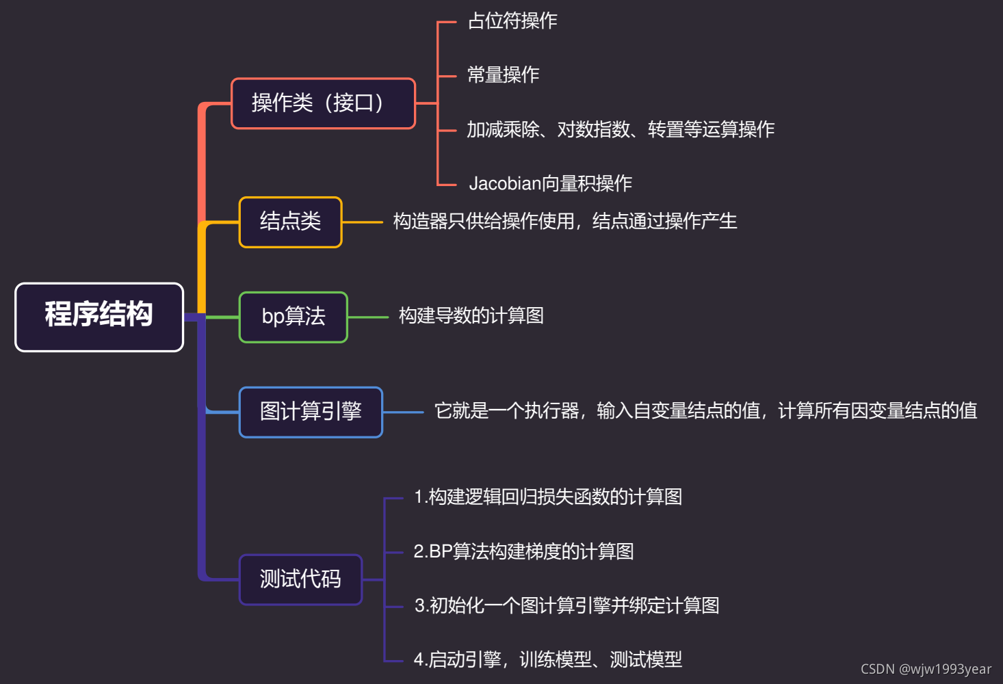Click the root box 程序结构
click(x=99, y=317)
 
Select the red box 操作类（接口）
click(x=323, y=103)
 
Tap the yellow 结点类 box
click(x=290, y=222)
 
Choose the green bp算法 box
click(x=293, y=317)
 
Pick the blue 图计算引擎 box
click(x=311, y=412)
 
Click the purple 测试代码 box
click(x=300, y=579)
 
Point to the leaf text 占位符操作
click(x=512, y=21)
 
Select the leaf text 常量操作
click(x=503, y=75)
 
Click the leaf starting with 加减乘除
click(x=620, y=129)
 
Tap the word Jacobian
click(x=505, y=183)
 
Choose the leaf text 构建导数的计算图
click(x=471, y=316)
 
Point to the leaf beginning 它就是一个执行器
click(x=705, y=411)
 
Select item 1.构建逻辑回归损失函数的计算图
click(x=547, y=497)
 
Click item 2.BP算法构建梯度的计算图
click(x=523, y=551)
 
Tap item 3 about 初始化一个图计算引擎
click(x=566, y=606)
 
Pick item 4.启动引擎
click(x=547, y=660)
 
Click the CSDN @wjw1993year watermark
click(x=925, y=669)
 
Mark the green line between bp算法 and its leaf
click(x=368, y=317)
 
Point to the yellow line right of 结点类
click(x=362, y=222)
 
